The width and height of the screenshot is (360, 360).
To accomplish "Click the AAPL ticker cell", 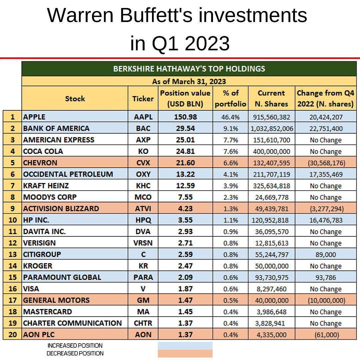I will point(143,117).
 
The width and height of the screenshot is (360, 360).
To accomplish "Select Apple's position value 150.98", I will point(185,117).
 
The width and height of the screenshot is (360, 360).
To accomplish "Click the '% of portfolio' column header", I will point(230,98).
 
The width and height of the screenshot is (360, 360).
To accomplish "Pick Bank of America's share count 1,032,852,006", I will point(271,129).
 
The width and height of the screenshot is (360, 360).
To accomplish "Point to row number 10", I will point(12,220).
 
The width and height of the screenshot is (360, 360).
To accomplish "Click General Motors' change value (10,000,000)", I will point(325,300).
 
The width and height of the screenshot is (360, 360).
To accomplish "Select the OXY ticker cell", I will point(143,174).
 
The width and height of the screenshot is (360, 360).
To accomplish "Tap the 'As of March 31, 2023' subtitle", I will point(189,81).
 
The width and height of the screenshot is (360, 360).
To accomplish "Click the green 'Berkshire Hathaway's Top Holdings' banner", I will point(189,69).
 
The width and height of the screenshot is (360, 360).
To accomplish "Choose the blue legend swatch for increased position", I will point(185,345).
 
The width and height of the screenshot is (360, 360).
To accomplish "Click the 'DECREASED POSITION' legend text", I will point(75,353).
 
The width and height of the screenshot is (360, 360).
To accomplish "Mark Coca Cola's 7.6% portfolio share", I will point(230,151).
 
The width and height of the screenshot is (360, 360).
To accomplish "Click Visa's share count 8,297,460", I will point(271,289).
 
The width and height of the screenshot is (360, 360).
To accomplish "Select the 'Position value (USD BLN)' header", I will point(185,98).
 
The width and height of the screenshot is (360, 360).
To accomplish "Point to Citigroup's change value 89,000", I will point(325,254).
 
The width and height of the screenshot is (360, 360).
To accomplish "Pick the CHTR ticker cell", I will point(143,323).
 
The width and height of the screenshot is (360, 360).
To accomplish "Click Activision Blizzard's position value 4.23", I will point(185,209).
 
